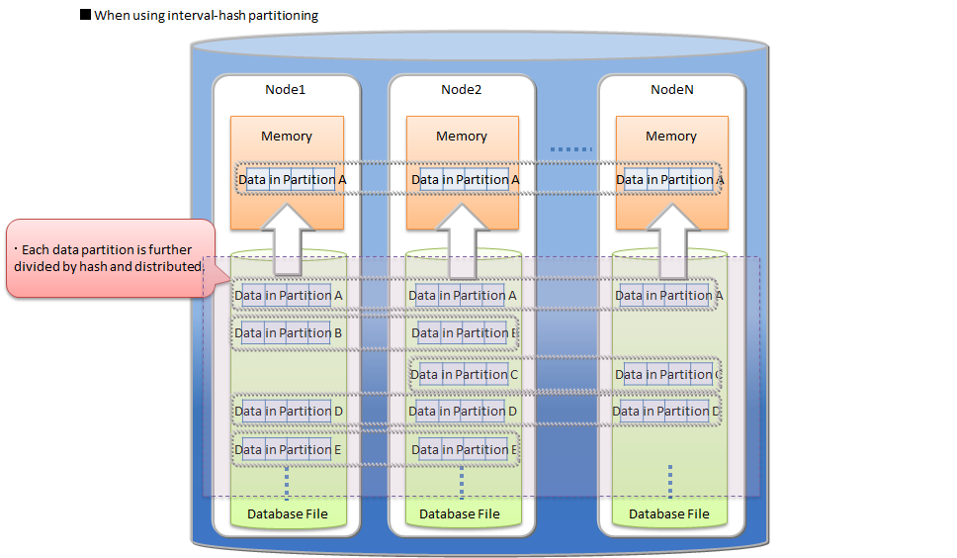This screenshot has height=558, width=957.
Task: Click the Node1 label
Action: click(x=285, y=90)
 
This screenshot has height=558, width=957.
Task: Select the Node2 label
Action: click(x=461, y=90)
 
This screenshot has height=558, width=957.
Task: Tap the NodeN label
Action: click(x=671, y=90)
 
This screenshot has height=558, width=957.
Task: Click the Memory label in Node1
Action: click(x=287, y=137)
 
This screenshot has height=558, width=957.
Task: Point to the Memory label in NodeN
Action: click(x=671, y=137)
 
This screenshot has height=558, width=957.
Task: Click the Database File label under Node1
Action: click(x=287, y=513)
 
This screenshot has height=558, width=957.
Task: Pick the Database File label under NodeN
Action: click(x=669, y=513)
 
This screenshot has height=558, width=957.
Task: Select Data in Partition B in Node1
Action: click(x=288, y=333)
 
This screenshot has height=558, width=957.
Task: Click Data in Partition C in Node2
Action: click(x=464, y=375)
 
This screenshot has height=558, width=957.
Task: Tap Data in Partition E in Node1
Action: click(x=288, y=450)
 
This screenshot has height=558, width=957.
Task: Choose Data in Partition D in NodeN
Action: click(x=666, y=412)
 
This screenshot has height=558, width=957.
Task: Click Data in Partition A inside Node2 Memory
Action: click(x=464, y=180)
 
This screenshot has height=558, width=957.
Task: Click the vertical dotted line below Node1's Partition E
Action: click(x=287, y=483)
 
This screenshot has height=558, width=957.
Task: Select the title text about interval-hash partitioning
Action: click(x=206, y=17)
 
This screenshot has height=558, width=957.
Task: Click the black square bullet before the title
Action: click(x=85, y=16)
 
